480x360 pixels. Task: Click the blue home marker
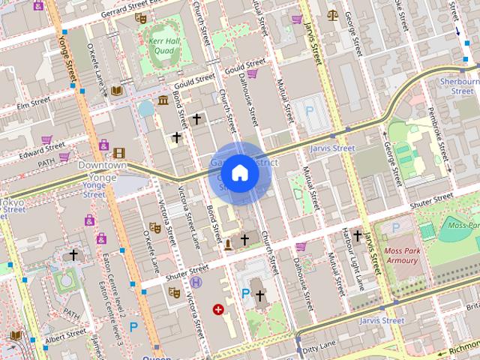[240, 172]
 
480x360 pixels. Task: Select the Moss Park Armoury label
[401, 255]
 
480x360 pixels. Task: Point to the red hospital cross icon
[218, 308]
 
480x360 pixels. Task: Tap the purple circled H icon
[196, 282]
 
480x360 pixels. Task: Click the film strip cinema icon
[118, 153]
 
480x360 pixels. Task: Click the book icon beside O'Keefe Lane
[116, 91]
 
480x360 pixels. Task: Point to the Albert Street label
[65, 335]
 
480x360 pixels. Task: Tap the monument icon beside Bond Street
[228, 244]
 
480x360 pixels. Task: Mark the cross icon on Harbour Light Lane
[357, 236]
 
